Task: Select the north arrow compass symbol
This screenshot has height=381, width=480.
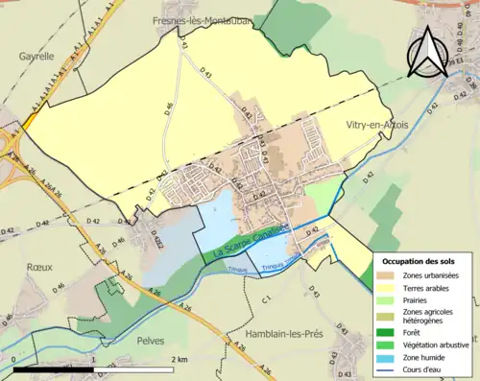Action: [433, 51]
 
